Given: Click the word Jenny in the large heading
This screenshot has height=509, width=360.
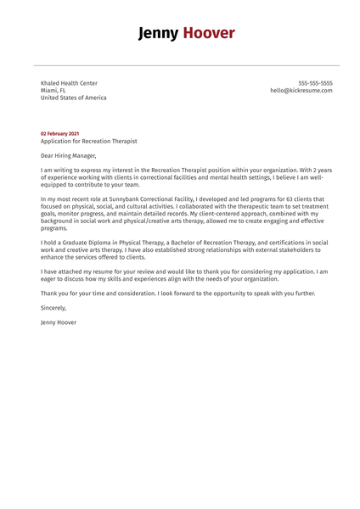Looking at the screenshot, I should (x=159, y=33).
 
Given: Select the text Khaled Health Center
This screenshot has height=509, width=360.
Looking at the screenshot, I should (x=69, y=83).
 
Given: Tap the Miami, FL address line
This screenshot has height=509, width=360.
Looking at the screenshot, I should (x=53, y=90).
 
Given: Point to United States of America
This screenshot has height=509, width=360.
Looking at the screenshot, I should (x=74, y=98).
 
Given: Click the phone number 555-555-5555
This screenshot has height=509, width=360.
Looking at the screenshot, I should (x=315, y=83).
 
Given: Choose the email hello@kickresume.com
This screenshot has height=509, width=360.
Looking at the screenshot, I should (x=301, y=90).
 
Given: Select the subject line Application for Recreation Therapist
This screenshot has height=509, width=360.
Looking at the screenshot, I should (x=88, y=141).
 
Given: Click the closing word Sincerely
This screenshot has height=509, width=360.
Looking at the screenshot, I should (x=53, y=308).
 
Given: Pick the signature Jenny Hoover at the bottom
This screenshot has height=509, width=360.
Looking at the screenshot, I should (x=59, y=322).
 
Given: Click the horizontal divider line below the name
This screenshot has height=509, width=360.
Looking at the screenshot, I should (x=180, y=64).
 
